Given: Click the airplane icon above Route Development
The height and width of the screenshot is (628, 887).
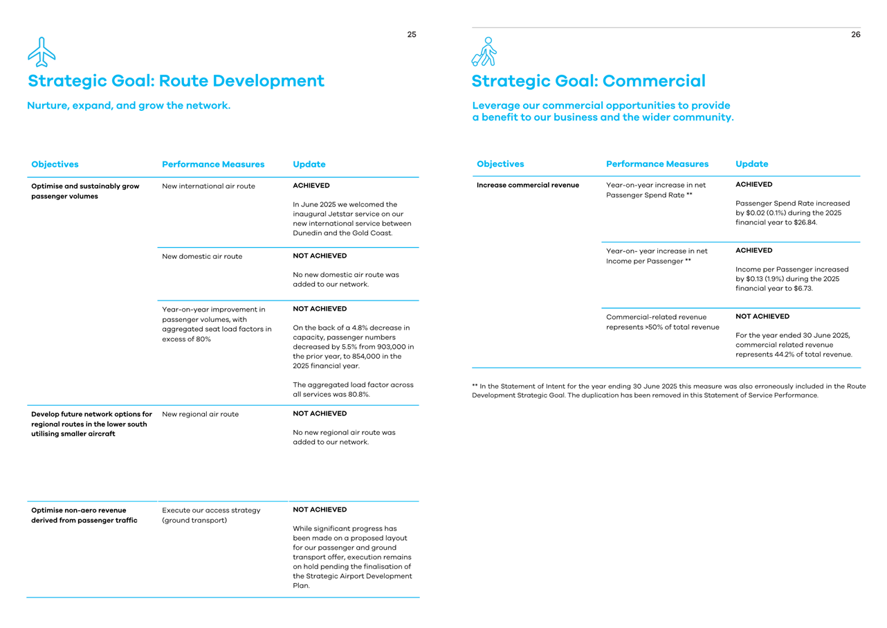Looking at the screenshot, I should click(x=42, y=52).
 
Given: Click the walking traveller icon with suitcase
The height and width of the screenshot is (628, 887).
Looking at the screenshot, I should click(x=484, y=52).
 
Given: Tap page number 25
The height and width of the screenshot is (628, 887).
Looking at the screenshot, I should click(x=412, y=35).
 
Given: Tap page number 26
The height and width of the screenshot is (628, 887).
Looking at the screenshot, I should click(x=856, y=35).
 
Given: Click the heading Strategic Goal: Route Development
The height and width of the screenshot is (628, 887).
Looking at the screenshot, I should click(x=176, y=81).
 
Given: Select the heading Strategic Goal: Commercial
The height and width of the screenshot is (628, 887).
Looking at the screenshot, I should click(x=588, y=81).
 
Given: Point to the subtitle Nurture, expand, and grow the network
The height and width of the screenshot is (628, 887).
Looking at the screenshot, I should click(x=129, y=106).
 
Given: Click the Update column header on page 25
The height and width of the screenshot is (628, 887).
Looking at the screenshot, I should click(x=309, y=165).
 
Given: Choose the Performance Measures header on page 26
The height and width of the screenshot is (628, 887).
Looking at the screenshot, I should click(x=657, y=164).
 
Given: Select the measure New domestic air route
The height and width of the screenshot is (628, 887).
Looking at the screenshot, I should click(x=202, y=256).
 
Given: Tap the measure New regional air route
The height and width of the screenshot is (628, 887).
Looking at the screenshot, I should click(x=200, y=414).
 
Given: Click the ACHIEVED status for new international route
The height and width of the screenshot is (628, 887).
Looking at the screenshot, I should click(x=311, y=186).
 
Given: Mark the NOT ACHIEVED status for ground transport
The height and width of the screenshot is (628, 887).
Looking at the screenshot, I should click(x=320, y=510).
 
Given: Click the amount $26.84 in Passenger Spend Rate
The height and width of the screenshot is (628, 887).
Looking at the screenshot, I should click(x=805, y=222).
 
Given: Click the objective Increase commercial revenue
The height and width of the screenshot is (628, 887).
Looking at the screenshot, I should click(x=528, y=185).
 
